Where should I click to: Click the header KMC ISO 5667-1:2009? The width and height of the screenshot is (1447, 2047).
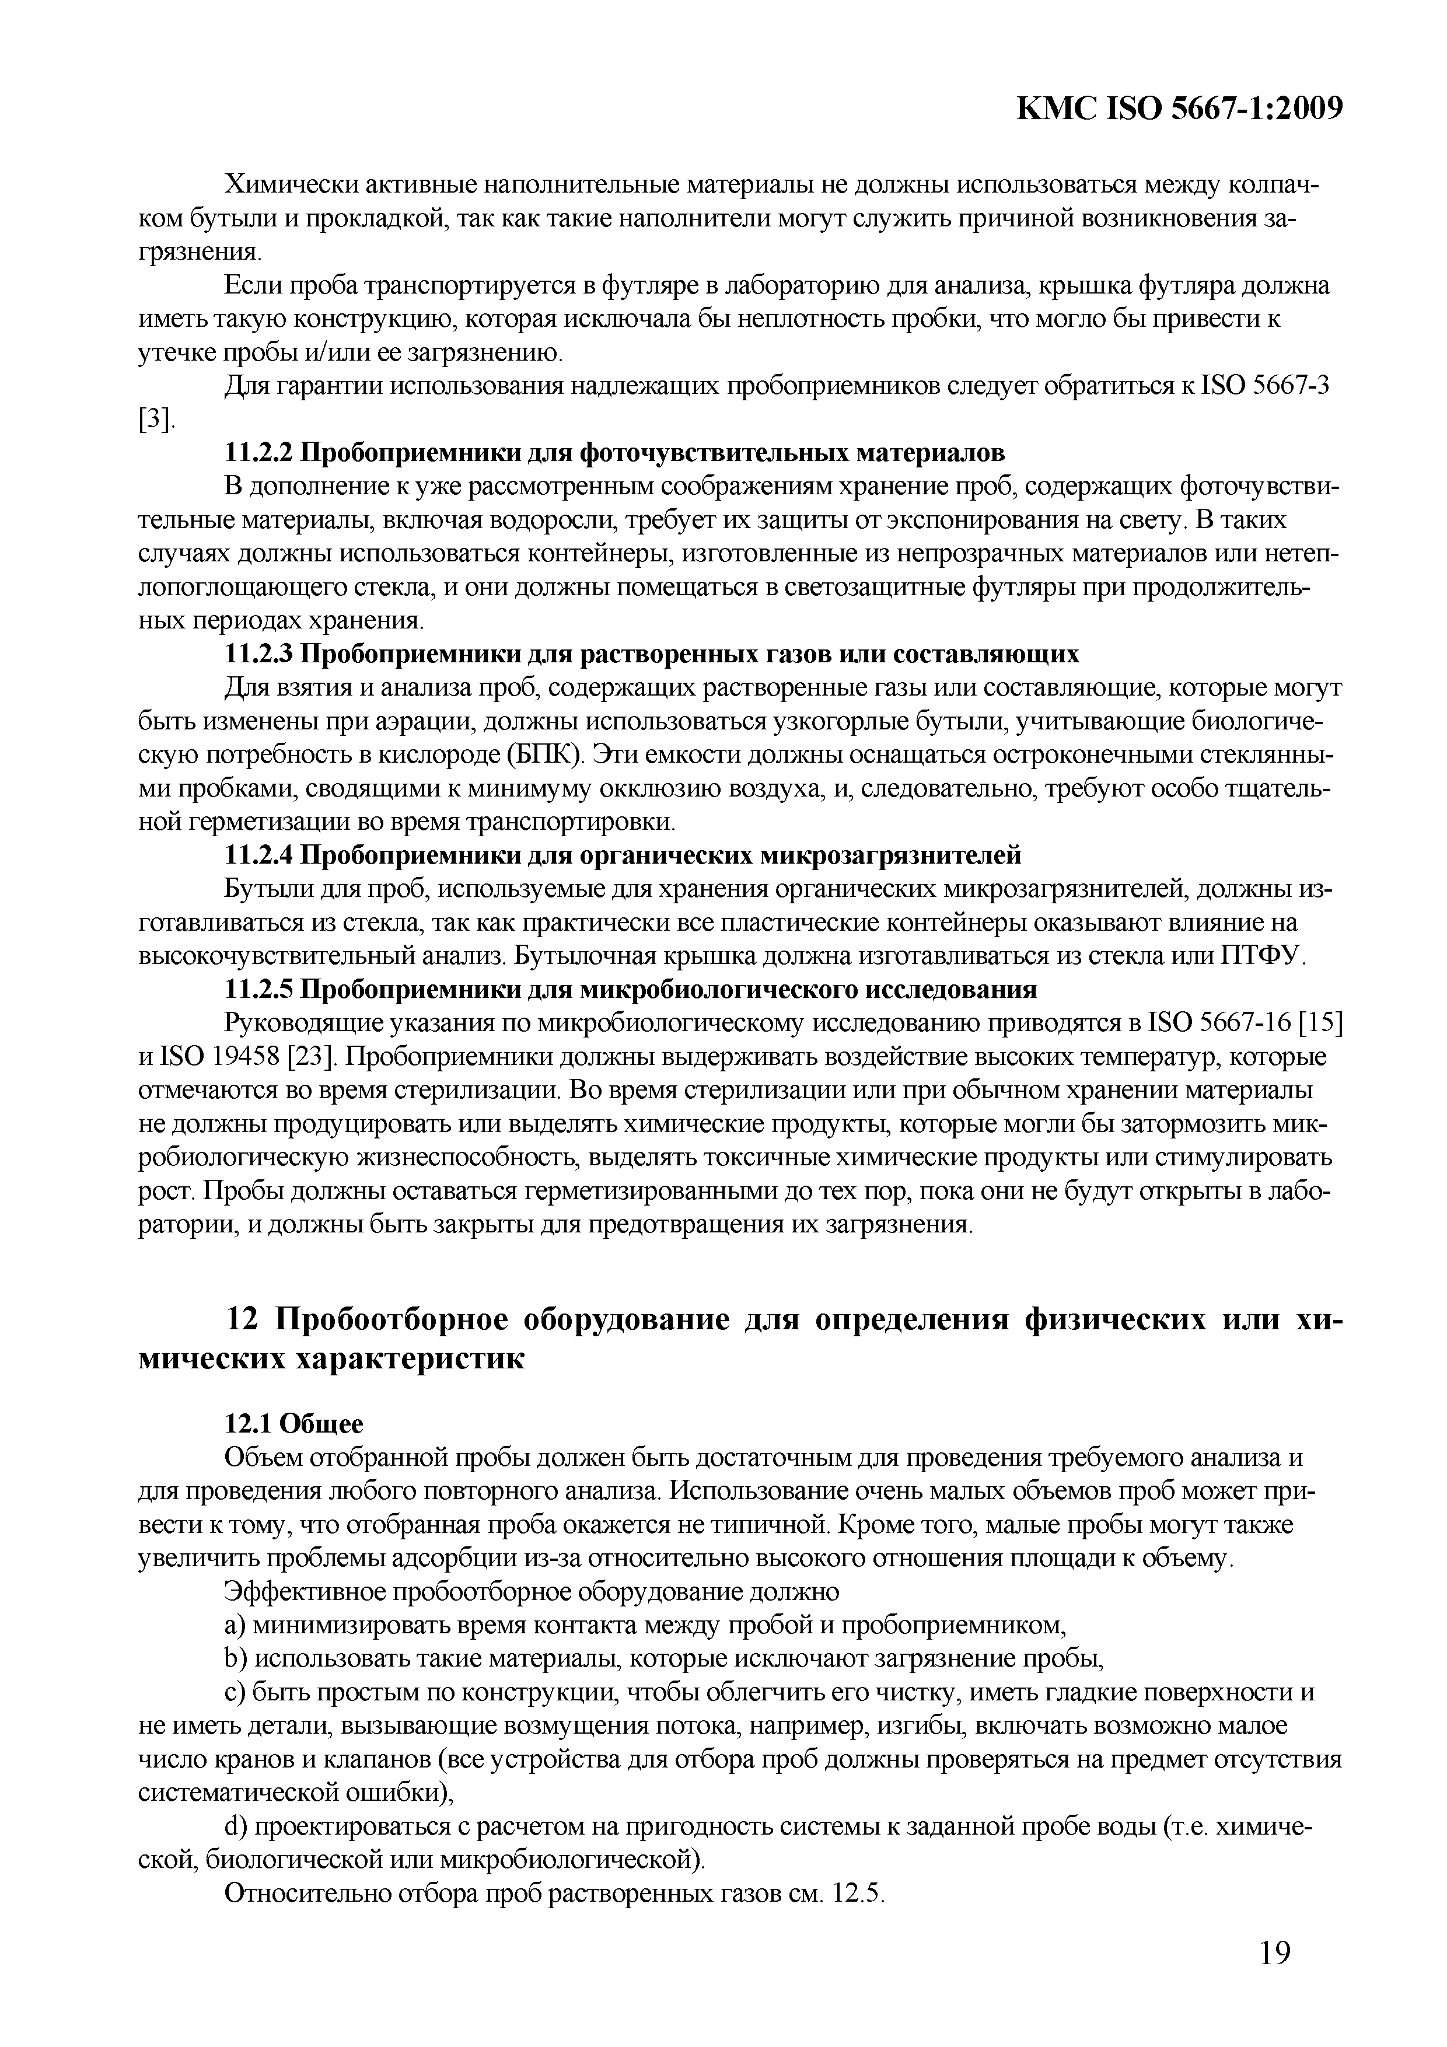point(1180,109)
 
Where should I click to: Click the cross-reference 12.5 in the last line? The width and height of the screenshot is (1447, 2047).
point(857,1894)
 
